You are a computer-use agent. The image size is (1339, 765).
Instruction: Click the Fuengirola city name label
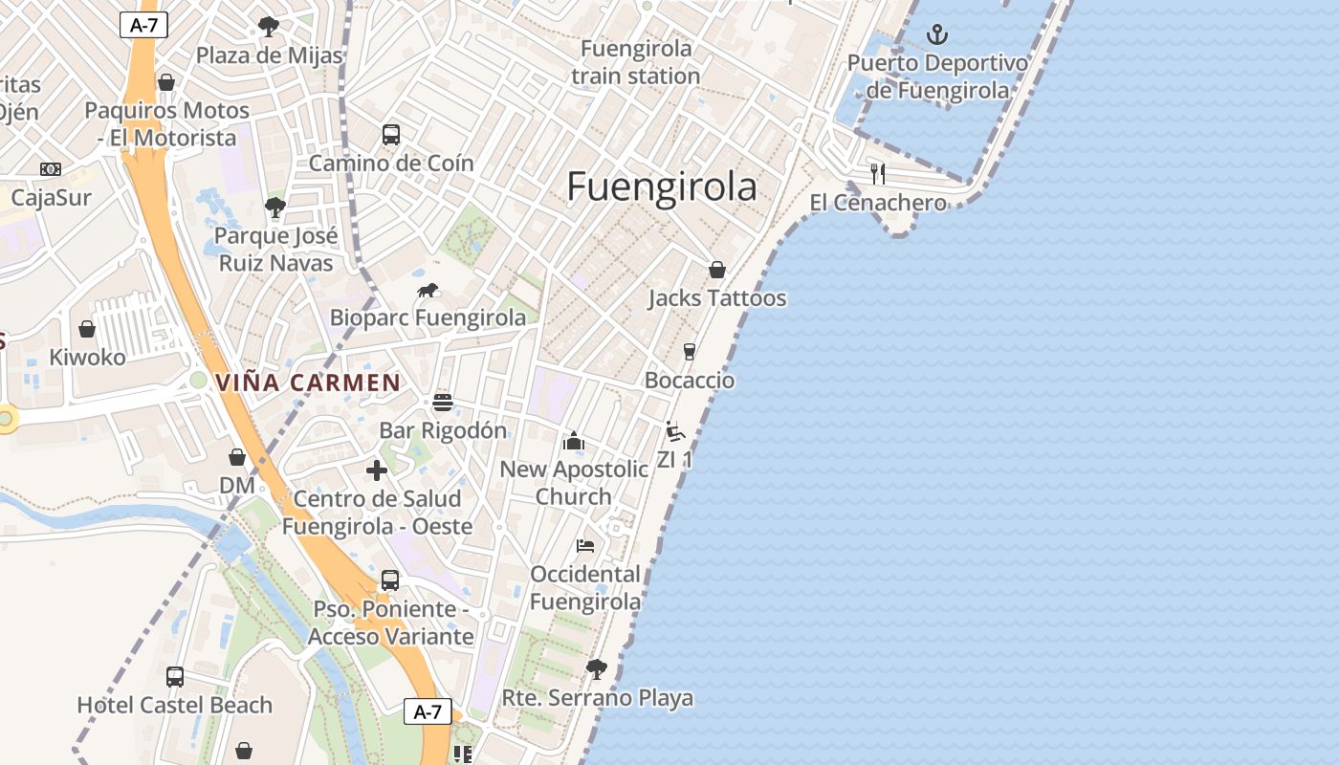pos(662,186)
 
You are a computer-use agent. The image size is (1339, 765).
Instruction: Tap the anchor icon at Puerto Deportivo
pos(937,36)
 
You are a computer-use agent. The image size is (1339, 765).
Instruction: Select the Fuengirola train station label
pos(636,62)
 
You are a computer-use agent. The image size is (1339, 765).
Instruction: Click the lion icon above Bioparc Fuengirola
pos(428,291)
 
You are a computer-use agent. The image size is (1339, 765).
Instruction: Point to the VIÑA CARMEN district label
pos(308,383)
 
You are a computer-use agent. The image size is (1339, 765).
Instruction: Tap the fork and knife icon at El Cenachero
pos(878,174)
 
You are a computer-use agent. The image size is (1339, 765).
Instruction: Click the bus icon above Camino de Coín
pos(390,135)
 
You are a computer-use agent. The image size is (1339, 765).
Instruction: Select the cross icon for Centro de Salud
pos(377,470)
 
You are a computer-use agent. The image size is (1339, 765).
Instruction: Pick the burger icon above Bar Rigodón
pos(442,402)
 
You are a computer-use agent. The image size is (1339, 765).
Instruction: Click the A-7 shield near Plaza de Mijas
pos(143,26)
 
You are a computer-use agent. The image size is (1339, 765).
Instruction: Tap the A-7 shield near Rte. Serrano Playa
pos(427,711)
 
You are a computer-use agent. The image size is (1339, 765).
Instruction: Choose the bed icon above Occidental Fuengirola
pos(585,546)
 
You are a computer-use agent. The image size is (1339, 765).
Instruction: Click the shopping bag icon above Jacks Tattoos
pos(716,270)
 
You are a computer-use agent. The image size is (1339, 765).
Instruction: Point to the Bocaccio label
pos(690,381)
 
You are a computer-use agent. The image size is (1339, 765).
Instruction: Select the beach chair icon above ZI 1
pos(674,431)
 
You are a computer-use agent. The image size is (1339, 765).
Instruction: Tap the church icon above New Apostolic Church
pos(574,441)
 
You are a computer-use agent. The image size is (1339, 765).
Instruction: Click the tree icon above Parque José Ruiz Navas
pos(275,207)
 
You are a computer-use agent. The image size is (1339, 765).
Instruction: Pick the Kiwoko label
pos(87,358)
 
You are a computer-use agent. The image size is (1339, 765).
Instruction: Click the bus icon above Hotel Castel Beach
pos(175,677)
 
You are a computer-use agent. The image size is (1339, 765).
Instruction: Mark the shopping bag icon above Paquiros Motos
pos(166,82)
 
